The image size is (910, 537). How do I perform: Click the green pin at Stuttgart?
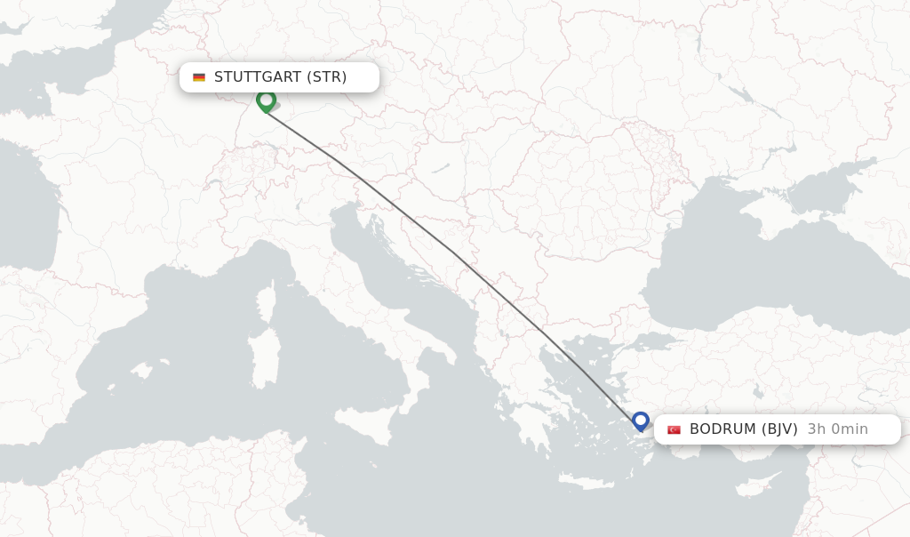click(x=266, y=100)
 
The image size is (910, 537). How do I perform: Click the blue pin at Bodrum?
click(x=641, y=421)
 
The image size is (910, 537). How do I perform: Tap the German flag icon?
click(x=199, y=77)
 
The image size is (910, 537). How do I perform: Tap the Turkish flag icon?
click(x=674, y=429)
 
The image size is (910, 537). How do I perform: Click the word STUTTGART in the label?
click(x=258, y=77)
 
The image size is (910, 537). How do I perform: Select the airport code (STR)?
click(x=326, y=77)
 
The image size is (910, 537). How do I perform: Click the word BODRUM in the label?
click(x=722, y=429)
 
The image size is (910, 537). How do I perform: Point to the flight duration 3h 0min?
click(x=837, y=429)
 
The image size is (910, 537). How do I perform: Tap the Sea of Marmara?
click(x=650, y=341)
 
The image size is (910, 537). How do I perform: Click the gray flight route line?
click(x=453, y=253)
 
